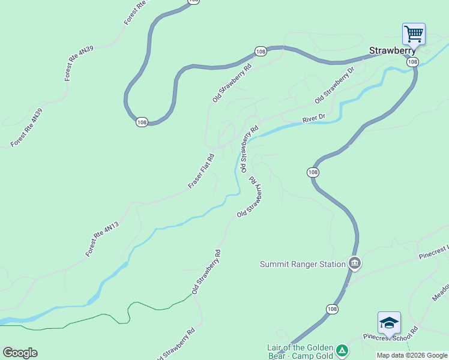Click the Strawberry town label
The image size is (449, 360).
(393, 51)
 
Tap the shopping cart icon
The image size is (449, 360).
(414, 33)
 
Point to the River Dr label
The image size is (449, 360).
(313, 119)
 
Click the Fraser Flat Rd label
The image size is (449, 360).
(201, 172)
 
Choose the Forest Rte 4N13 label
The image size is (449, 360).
(102, 239)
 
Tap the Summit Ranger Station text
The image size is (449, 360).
(303, 264)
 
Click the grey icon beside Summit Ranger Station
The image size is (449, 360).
(354, 263)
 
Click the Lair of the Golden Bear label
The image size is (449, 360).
(300, 352)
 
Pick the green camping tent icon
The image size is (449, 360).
(342, 350)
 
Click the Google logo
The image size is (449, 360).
(20, 352)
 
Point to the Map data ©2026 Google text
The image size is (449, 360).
(412, 356)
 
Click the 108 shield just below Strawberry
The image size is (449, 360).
(411, 62)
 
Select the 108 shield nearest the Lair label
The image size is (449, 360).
(333, 308)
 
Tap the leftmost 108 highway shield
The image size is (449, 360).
(142, 122)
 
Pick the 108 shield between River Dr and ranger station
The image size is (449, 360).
(312, 172)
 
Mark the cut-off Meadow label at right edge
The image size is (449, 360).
(441, 292)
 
